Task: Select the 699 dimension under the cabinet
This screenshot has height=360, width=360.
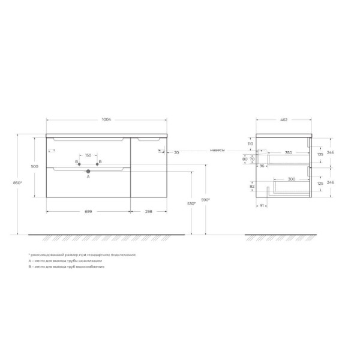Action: click(x=88, y=212)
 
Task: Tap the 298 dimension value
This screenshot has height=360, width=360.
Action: click(x=148, y=212)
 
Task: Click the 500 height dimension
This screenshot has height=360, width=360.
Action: click(x=35, y=166)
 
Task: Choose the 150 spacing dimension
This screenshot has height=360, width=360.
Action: click(x=88, y=155)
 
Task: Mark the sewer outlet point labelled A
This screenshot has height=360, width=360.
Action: click(x=88, y=172)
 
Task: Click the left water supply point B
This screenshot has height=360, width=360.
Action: click(x=77, y=162)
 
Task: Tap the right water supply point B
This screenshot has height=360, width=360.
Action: click(x=100, y=162)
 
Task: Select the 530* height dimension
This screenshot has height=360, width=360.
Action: click(x=190, y=204)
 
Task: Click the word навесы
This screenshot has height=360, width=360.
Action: click(x=217, y=150)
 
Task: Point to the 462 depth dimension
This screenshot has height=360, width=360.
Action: click(x=283, y=121)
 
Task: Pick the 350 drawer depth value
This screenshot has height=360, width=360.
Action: click(x=289, y=154)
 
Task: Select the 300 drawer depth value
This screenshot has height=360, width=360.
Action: click(x=290, y=179)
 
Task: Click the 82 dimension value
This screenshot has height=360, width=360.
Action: click(x=251, y=187)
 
